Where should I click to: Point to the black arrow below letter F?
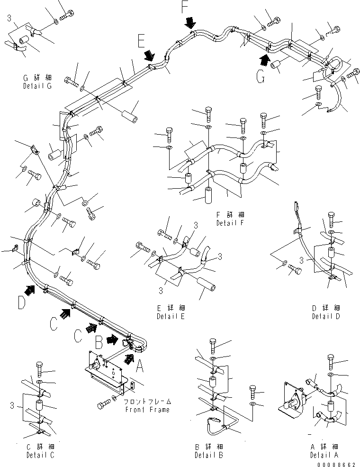tap(190, 22)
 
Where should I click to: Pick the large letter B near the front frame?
tap(99, 341)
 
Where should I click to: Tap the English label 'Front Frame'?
tap(147, 410)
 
